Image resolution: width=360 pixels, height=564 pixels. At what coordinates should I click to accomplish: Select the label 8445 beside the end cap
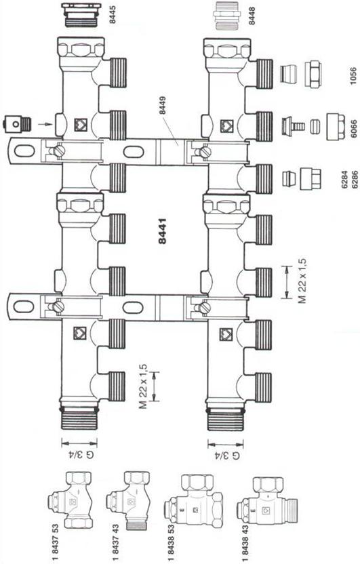[113, 16]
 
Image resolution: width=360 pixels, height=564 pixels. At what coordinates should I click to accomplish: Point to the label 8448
[252, 16]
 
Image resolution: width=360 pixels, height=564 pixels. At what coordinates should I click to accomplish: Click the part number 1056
[353, 76]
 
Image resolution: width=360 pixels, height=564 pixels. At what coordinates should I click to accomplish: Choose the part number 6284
[344, 180]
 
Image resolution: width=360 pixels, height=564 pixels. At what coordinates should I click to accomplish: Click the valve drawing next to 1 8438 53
[193, 501]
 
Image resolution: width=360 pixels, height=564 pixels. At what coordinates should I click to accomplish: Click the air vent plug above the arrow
[17, 124]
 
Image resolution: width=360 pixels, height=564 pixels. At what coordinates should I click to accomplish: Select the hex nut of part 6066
[336, 127]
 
